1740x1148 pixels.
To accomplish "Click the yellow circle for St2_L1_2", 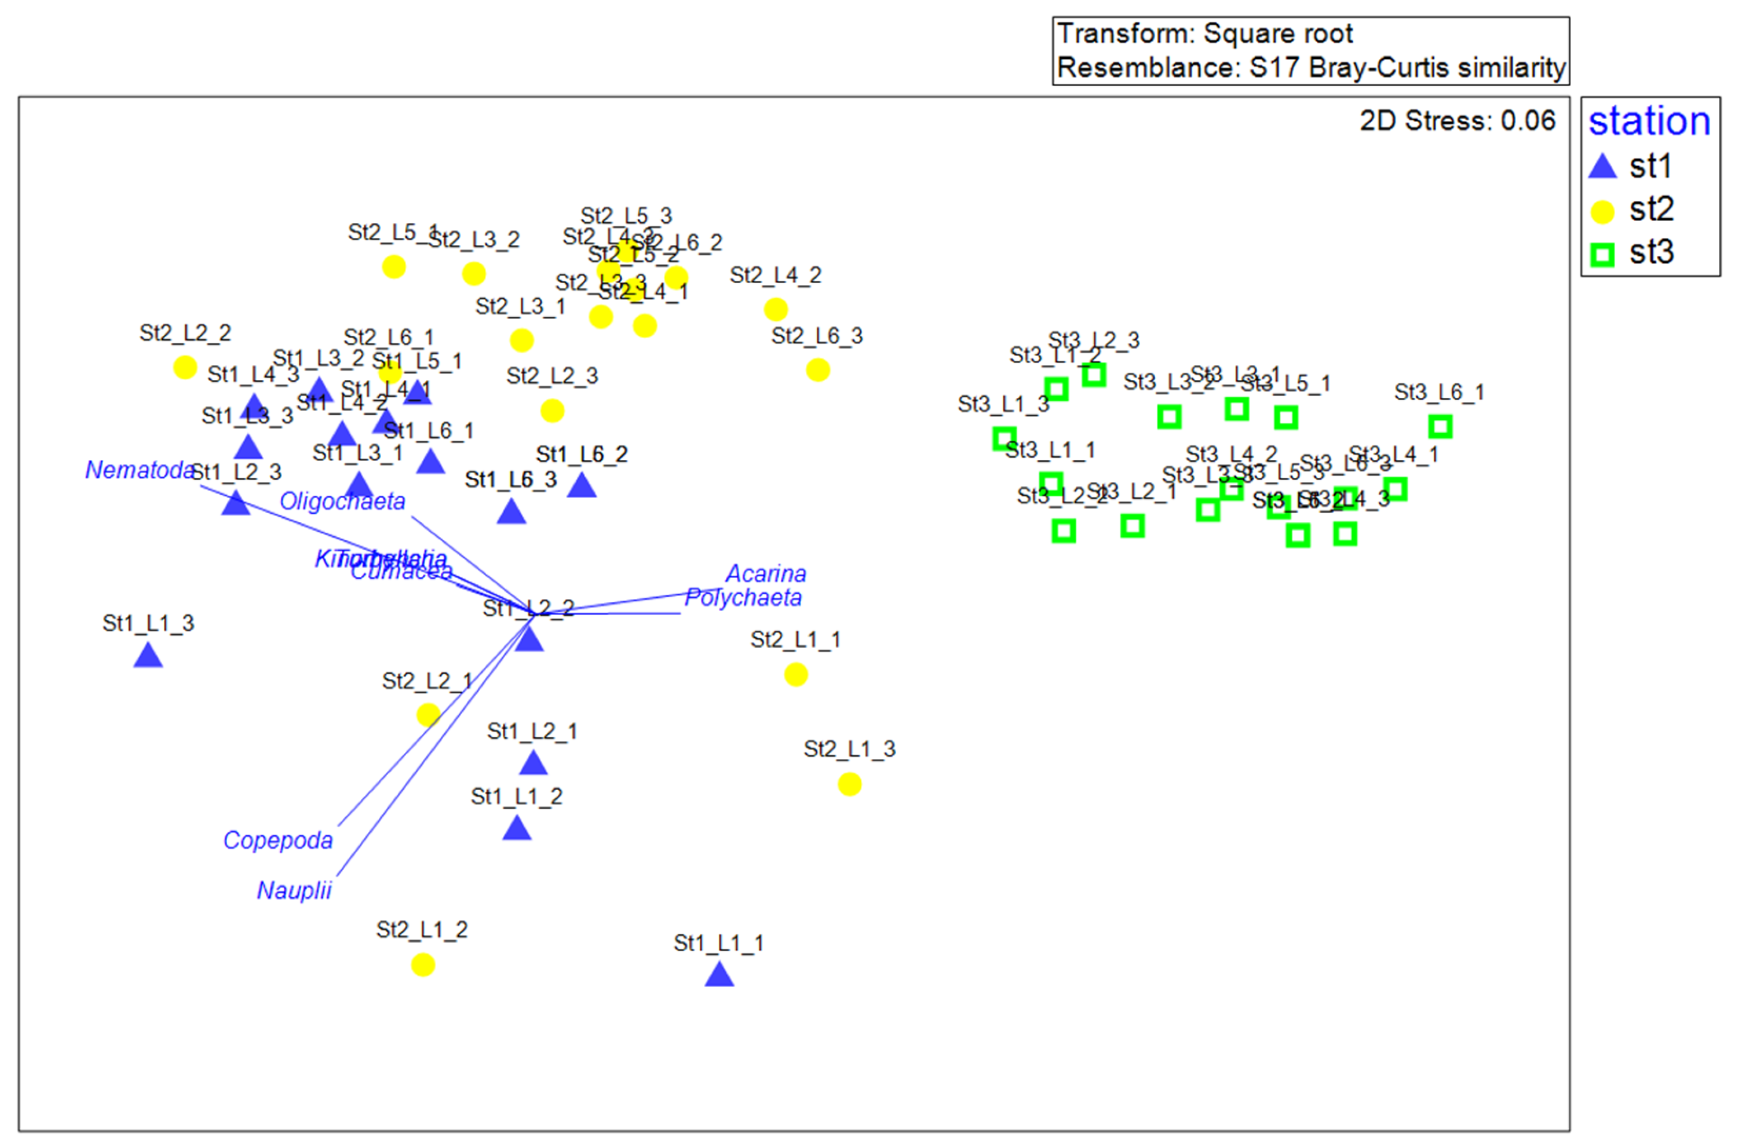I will coord(423,965).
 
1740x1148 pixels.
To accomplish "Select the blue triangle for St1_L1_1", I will coord(719,975).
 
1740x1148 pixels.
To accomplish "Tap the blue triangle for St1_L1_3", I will coord(148,655).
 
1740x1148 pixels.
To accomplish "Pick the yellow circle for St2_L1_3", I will coord(849,785).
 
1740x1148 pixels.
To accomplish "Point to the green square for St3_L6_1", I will coord(1440,426).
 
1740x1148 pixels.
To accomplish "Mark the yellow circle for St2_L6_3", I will coord(818,370).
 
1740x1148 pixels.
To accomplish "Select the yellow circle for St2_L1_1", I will coord(796,674).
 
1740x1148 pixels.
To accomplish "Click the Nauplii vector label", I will coord(294,891).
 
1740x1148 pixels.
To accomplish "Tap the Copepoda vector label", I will coord(278,840).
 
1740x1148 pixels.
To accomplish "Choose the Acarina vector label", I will coord(766,573).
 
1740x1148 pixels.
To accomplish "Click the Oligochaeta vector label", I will coord(342,501).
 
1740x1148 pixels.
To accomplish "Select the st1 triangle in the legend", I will coord(1602,167).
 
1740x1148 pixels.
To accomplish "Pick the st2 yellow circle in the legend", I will coord(1602,212).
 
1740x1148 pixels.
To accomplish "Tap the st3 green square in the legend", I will coord(1602,255).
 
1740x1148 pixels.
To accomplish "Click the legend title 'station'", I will coord(1649,121).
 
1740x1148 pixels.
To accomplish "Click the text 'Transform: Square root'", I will coord(1205,34).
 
